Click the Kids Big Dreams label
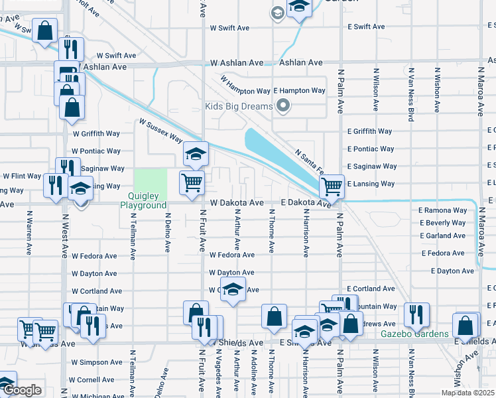coord(239,107)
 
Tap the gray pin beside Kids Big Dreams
coord(284,106)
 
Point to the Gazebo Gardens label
coord(414,333)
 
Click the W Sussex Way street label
coord(160,131)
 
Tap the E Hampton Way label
coord(299,90)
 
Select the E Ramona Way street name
coord(442,210)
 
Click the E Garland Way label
coord(442,235)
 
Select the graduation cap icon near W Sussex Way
coord(196,154)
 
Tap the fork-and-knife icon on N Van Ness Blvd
coord(416,314)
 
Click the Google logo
coord(22,391)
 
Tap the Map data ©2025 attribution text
coord(468,393)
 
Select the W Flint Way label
coord(22,176)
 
